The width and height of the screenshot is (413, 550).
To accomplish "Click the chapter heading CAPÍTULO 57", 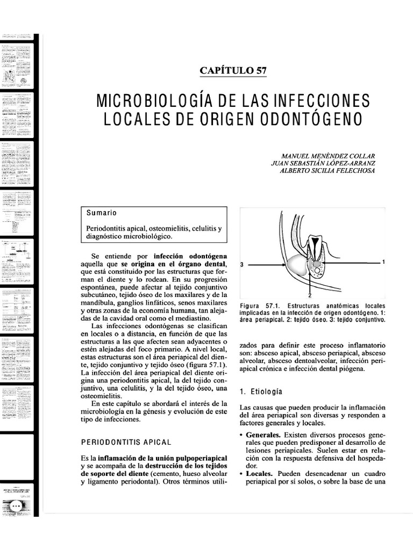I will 233,70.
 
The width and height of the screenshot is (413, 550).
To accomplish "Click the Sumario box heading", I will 102,213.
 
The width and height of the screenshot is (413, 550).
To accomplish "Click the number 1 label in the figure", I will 383,262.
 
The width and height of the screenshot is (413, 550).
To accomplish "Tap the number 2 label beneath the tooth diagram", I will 310,295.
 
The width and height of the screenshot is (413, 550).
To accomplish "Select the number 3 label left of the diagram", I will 243,265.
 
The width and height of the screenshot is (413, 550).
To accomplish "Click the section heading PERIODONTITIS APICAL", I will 126,442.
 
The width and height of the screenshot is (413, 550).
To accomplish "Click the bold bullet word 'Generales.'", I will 264,433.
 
